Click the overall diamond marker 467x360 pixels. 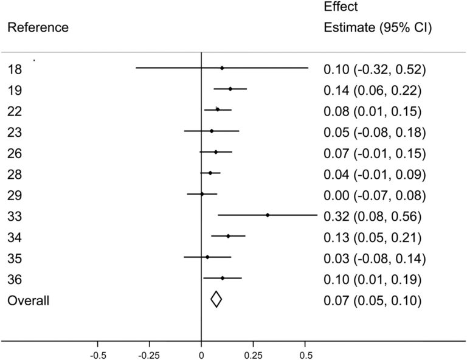[x=216, y=299]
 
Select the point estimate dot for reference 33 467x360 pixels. [x=268, y=215]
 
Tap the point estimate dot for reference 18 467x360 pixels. [x=222, y=68]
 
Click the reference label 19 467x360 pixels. [x=15, y=91]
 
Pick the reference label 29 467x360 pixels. [x=15, y=195]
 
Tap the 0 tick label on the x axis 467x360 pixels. [x=201, y=353]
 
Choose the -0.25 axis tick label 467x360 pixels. [x=149, y=353]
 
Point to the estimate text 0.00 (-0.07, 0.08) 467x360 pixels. [x=374, y=195]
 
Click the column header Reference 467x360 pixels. [x=38, y=28]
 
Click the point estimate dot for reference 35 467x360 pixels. [x=207, y=257]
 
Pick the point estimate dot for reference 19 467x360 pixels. [x=230, y=89]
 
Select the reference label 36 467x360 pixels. [x=15, y=279]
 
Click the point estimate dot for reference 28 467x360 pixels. [x=210, y=173]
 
